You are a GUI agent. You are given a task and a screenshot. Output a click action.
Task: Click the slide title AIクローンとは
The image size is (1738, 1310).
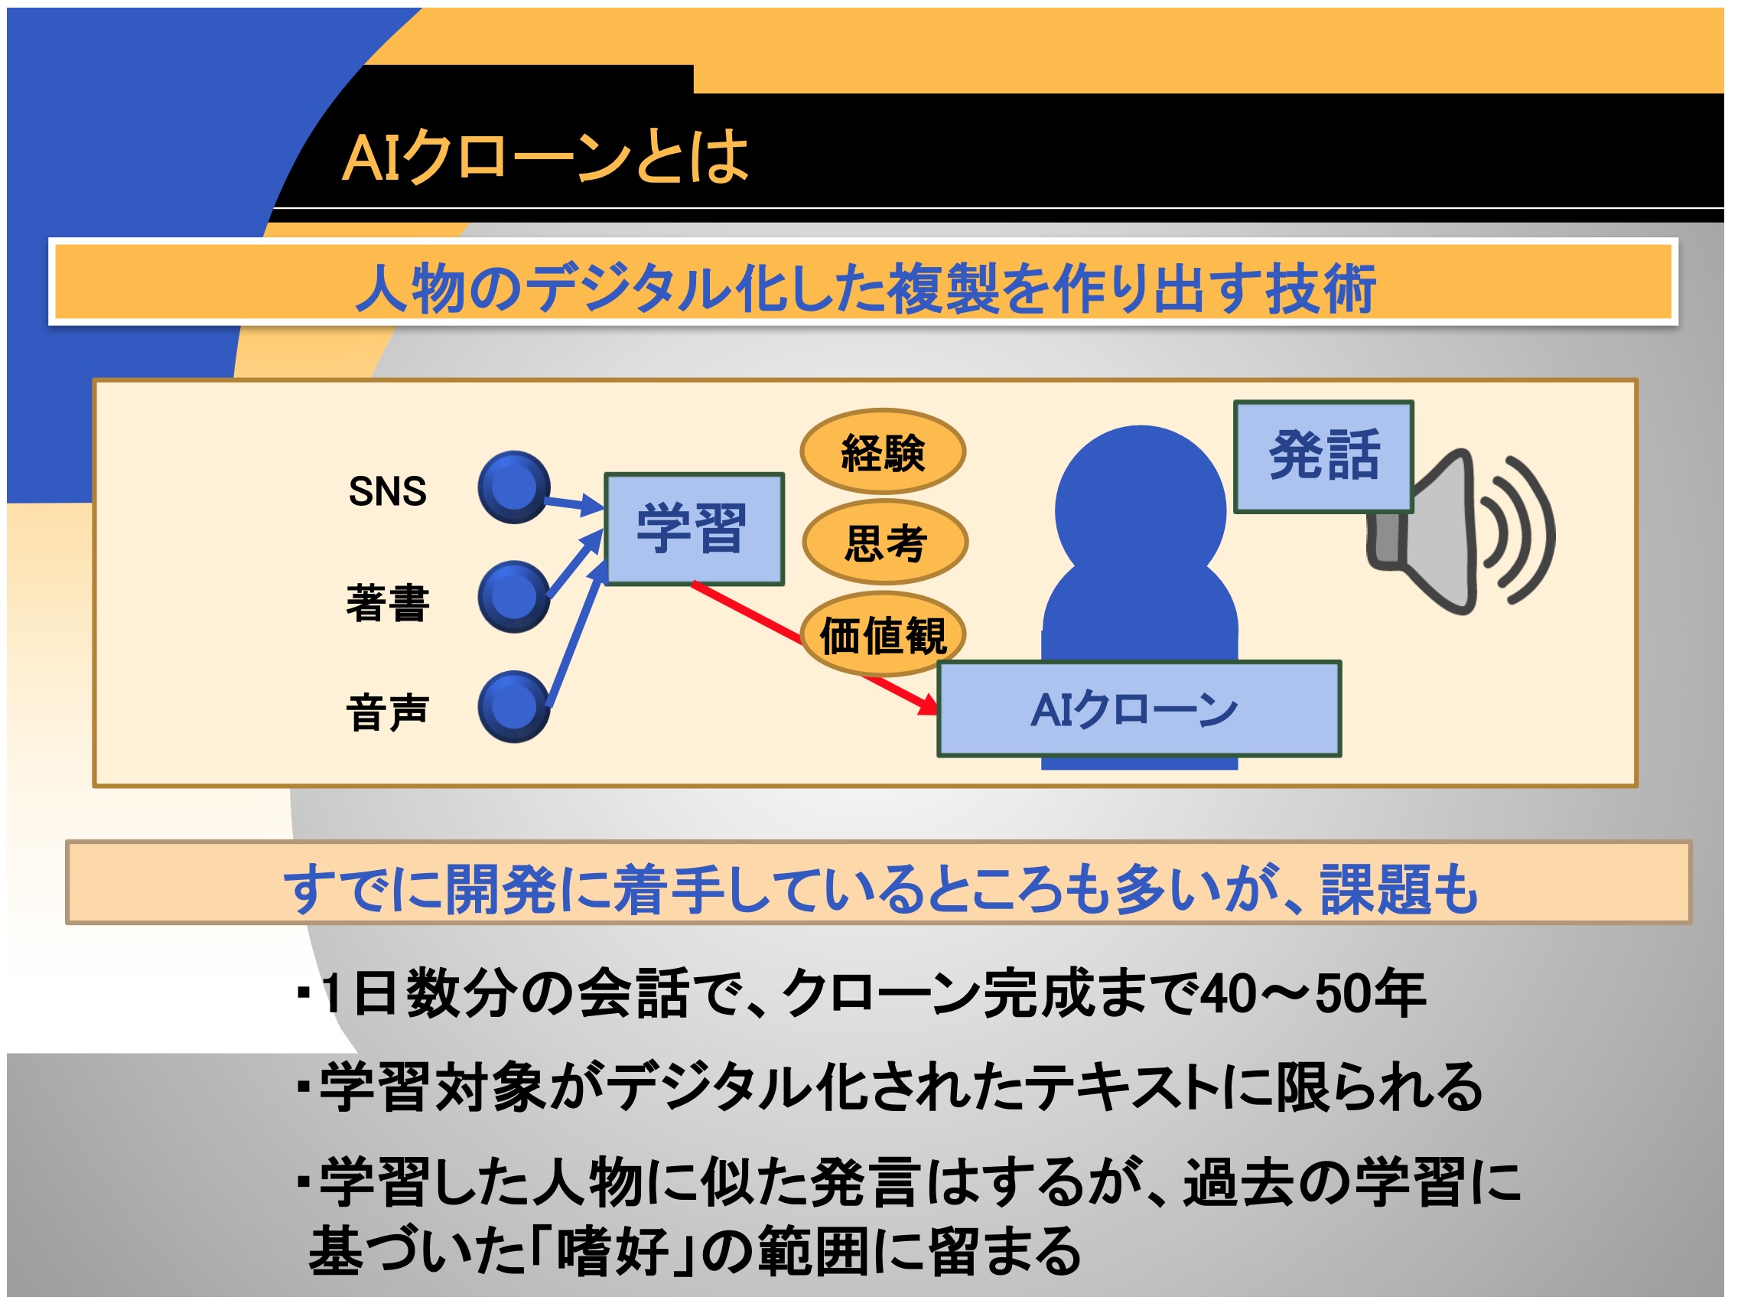(545, 156)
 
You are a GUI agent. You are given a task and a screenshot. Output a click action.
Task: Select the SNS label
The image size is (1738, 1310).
(387, 492)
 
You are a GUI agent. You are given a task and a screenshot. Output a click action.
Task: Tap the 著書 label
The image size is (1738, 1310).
(387, 604)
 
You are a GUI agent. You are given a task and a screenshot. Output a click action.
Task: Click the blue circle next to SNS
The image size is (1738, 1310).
(514, 487)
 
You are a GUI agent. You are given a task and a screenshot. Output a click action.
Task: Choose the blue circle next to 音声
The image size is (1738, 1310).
(514, 707)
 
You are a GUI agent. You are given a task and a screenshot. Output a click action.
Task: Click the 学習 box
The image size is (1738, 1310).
(694, 529)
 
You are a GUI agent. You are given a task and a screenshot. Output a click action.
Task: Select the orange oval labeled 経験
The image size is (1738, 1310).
(882, 452)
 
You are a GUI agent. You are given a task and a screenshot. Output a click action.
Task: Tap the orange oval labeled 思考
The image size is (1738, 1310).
(885, 543)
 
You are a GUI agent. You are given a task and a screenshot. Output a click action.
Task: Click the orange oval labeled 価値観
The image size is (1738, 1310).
(882, 635)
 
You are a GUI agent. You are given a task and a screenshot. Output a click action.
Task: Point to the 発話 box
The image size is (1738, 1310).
(1323, 457)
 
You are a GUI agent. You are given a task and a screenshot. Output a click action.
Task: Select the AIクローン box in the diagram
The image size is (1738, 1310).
(1138, 709)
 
